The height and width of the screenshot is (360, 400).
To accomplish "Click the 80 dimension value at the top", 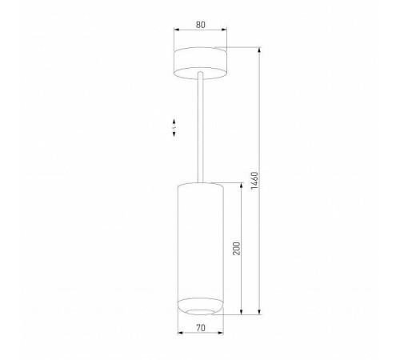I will pos(199,25).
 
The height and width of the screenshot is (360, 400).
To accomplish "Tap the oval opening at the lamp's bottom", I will pos(199,308).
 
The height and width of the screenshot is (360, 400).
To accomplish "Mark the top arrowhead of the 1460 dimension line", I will pos(261,49).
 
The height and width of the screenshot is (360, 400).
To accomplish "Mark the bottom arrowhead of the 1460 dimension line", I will pos(261,313).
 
